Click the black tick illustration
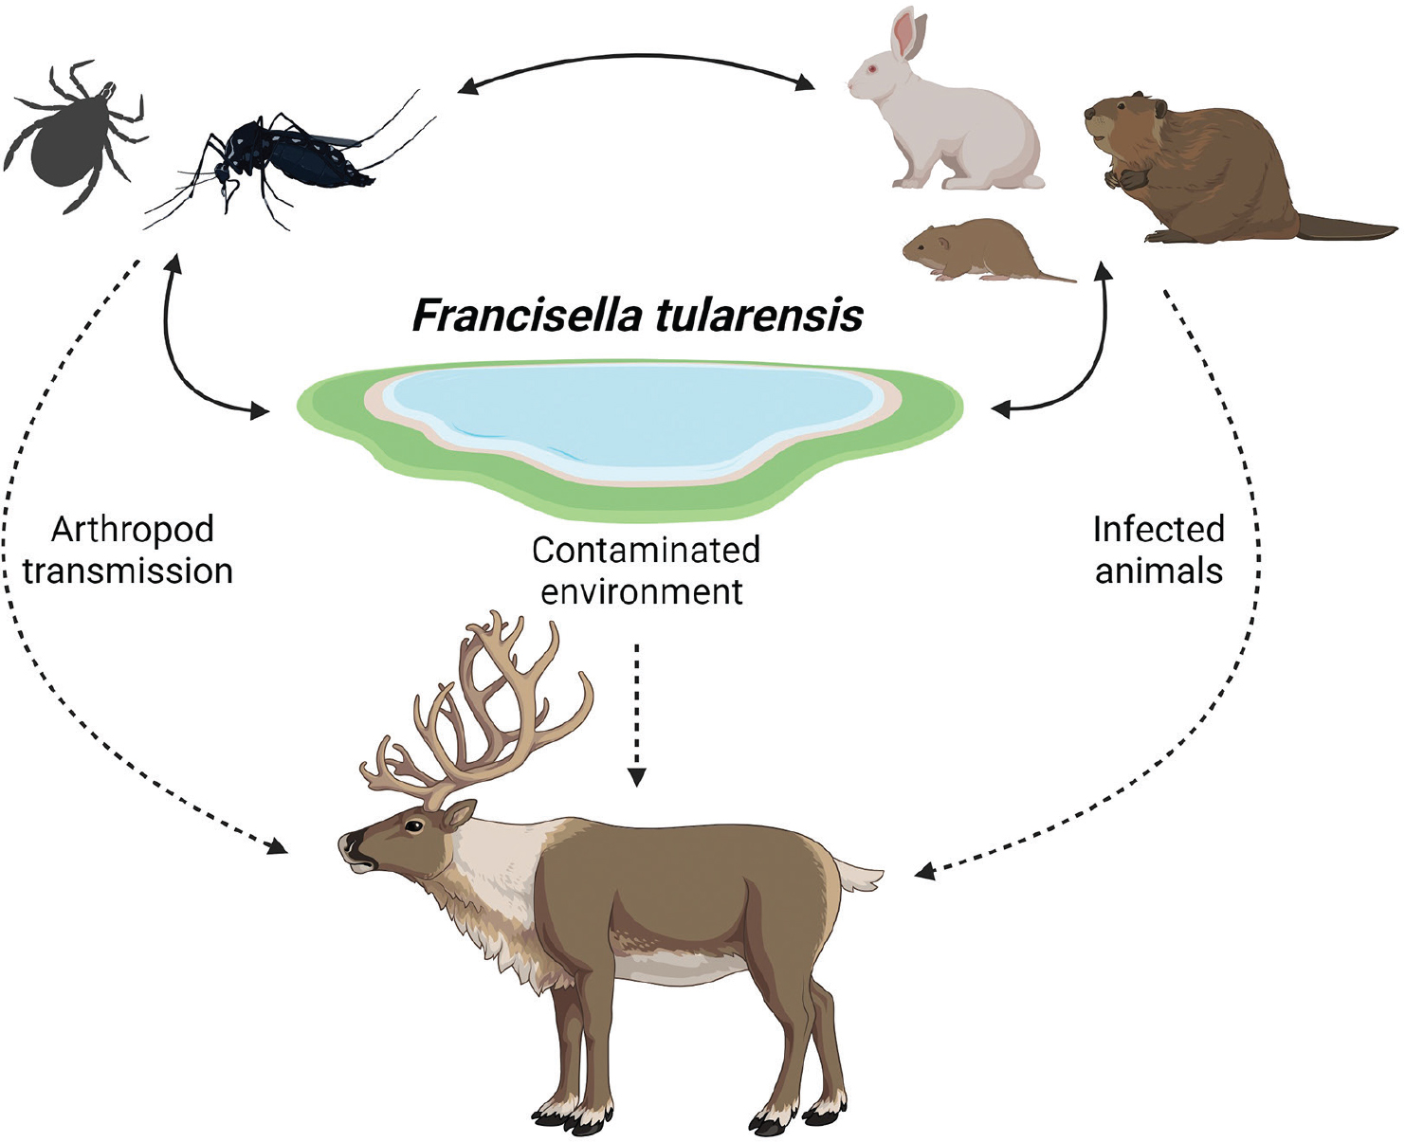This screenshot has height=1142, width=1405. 71,137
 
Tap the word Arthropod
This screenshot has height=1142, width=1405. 133,530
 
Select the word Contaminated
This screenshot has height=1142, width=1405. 646,550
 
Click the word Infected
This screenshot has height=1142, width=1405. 1159,529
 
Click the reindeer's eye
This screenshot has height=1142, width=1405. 413,826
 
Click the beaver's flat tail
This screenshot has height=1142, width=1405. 1346,227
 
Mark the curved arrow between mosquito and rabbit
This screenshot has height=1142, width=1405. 635,60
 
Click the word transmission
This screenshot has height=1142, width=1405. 128,571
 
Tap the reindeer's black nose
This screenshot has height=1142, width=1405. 350,842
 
